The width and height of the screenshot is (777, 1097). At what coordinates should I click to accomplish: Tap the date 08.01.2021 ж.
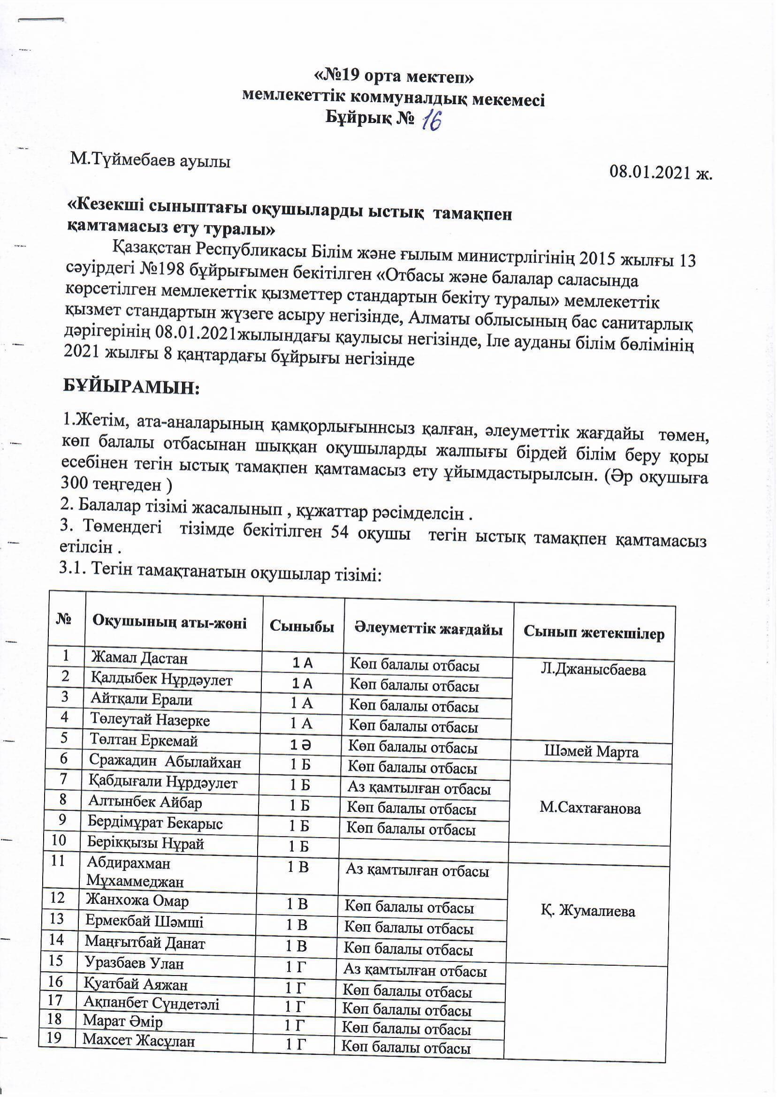pyautogui.click(x=661, y=172)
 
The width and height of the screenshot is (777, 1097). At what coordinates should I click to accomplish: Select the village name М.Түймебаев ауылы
pyautogui.click(x=150, y=161)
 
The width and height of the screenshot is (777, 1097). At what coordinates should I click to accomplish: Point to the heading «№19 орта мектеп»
pyautogui.click(x=394, y=76)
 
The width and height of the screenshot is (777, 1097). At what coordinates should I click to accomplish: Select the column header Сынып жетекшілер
pyautogui.click(x=594, y=633)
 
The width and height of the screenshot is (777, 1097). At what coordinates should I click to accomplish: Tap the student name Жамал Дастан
pyautogui.click(x=139, y=658)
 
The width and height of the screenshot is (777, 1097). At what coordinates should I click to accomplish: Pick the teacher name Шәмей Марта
pyautogui.click(x=591, y=752)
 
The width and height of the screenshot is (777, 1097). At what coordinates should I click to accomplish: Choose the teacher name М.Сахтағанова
pyautogui.click(x=590, y=809)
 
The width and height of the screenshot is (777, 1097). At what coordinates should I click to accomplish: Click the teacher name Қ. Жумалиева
pyautogui.click(x=588, y=911)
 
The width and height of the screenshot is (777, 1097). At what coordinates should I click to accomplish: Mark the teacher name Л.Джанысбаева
pyautogui.click(x=593, y=670)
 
